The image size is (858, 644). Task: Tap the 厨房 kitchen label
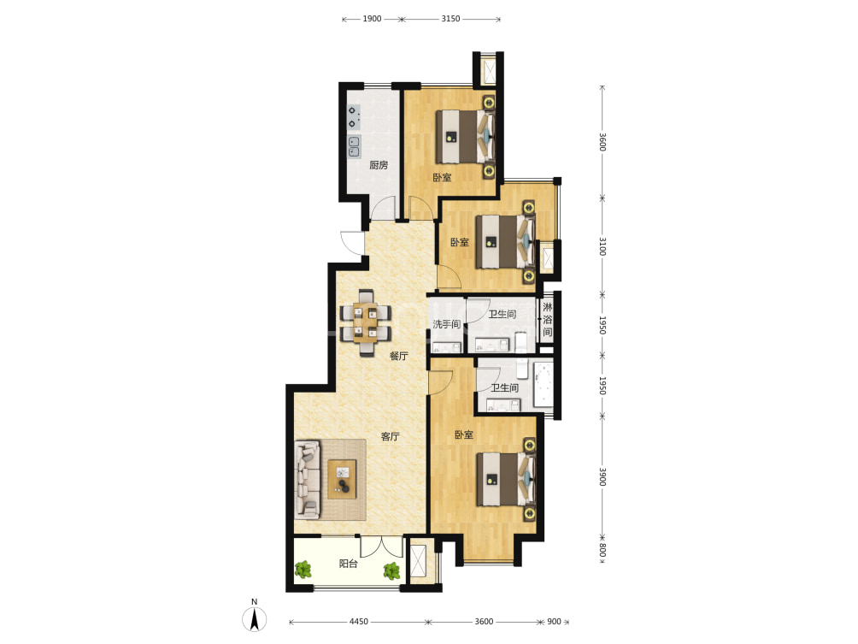point(379,165)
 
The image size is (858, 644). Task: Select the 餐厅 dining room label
point(399,356)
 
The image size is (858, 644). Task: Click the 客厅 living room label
point(391,436)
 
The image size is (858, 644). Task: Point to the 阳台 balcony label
point(349,564)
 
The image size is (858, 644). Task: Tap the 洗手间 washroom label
point(446,324)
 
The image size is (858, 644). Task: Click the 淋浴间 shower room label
point(548,319)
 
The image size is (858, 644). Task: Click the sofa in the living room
point(308,480)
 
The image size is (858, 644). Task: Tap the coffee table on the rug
point(342,479)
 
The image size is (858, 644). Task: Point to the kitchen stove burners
point(354,117)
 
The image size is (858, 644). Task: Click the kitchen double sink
point(355,146)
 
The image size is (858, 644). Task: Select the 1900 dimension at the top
point(372,19)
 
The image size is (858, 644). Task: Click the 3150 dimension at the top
point(451,19)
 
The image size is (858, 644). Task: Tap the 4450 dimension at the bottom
point(358,622)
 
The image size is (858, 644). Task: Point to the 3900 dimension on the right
point(602,476)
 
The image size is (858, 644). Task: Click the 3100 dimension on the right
point(602,246)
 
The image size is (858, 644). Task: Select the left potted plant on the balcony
point(303,570)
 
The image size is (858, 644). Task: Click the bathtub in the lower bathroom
point(544,384)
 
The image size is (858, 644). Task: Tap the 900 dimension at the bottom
point(555,622)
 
